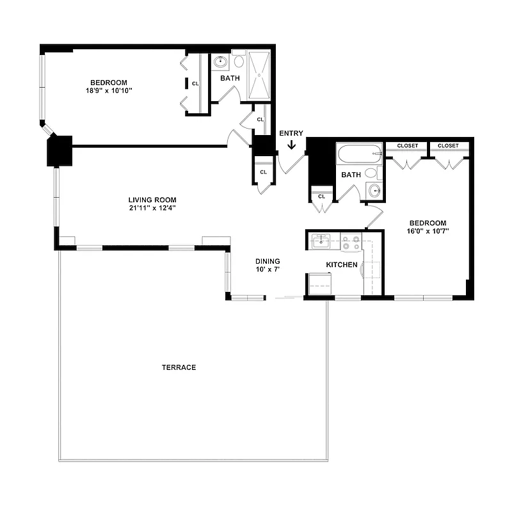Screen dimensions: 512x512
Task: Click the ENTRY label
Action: [291, 133]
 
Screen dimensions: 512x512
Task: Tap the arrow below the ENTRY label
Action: [291, 145]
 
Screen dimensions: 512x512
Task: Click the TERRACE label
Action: [179, 367]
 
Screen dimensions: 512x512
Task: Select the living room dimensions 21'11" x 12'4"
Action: [152, 207]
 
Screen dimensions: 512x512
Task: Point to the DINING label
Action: [268, 261]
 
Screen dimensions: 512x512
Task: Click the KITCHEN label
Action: [341, 264]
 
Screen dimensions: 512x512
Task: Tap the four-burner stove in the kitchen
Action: [350, 243]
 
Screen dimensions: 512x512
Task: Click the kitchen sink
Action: [321, 242]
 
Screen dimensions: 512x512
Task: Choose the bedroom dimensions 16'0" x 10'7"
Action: [428, 231]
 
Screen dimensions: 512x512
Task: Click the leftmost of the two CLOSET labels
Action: [407, 146]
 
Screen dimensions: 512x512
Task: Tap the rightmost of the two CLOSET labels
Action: [448, 146]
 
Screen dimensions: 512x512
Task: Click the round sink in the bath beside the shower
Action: [221, 63]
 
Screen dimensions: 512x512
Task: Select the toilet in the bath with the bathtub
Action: [372, 173]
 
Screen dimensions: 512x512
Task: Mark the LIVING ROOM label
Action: [152, 199]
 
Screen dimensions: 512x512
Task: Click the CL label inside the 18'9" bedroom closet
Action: [195, 83]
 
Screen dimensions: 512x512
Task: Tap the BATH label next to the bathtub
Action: [351, 174]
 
